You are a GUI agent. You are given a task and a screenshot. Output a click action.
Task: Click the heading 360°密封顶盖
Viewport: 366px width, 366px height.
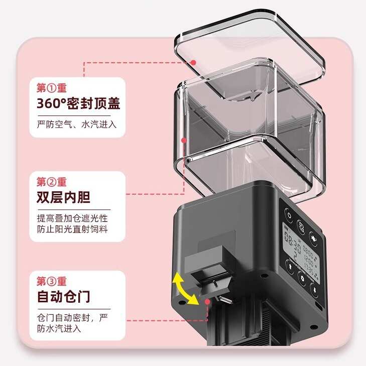click(x=78, y=104)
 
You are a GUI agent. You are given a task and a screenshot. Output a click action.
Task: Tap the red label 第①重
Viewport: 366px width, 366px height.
click(x=52, y=87)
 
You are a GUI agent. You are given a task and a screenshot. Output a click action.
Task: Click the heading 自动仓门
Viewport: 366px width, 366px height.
click(x=64, y=296)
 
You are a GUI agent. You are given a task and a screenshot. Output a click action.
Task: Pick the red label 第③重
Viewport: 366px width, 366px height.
click(x=52, y=281)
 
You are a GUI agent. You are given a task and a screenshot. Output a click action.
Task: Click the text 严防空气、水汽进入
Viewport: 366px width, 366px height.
click(x=77, y=125)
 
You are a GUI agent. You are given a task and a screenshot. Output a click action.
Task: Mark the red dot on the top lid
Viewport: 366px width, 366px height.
click(x=194, y=62)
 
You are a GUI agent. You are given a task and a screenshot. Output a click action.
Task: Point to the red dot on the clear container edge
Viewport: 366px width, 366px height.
click(x=184, y=141)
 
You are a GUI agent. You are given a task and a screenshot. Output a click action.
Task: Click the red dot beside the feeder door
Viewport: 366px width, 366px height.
click(x=208, y=302)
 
